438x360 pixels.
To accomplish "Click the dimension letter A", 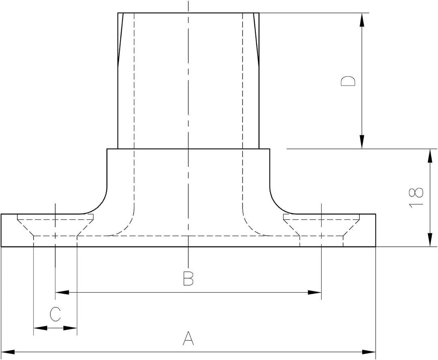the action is [188, 338].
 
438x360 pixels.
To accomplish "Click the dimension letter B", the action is [188, 278].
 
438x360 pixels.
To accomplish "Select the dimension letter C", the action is [55, 314].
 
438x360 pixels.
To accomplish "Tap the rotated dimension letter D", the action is [348, 81].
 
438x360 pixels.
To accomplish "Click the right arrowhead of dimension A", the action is [369, 351].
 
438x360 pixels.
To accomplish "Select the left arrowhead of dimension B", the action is [62, 292].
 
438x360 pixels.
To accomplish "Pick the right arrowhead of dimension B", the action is [315, 292].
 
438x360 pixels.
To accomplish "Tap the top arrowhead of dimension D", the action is [362, 19].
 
